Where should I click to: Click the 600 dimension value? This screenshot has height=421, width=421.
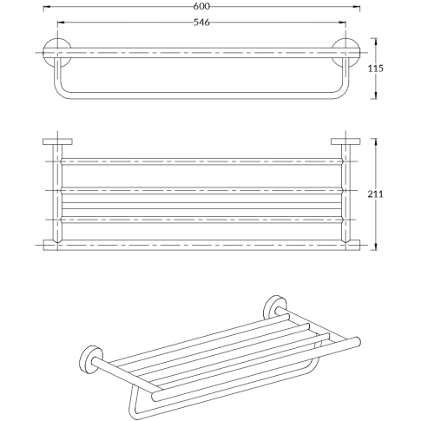[x=201, y=6]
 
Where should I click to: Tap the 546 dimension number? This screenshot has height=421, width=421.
[x=201, y=23]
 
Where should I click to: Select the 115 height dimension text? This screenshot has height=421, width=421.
[x=375, y=69]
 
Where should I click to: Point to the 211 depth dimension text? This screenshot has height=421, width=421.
[x=375, y=194]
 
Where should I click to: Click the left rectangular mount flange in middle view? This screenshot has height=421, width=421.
[x=57, y=141]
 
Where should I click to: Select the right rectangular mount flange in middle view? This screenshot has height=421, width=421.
[x=345, y=141]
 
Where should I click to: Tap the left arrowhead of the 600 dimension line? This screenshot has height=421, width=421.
[x=47, y=6]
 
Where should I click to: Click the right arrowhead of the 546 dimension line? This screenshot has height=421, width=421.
[x=343, y=23]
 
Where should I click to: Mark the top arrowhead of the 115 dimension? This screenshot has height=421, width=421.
[x=376, y=42]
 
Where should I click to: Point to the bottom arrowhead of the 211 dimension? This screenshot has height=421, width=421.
[x=376, y=247]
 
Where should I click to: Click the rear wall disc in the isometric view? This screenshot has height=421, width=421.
[x=274, y=307]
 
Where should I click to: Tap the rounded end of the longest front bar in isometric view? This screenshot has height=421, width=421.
[x=358, y=341]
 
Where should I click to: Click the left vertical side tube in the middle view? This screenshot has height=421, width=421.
[x=57, y=193]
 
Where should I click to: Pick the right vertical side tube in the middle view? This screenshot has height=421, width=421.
[x=345, y=193]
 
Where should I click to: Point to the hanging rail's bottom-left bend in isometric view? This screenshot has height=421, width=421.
[x=134, y=411]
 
